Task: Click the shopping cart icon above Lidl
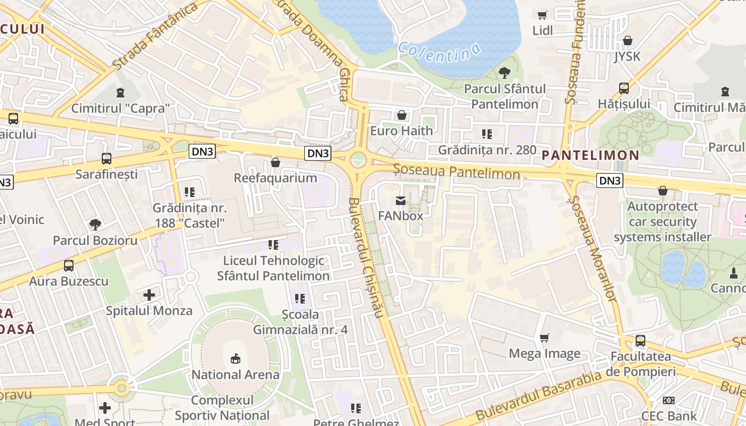point(542,15)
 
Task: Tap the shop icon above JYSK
point(628,40)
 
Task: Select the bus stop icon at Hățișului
point(623,88)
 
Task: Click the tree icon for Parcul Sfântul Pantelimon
point(504,73)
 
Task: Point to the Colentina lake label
point(439,52)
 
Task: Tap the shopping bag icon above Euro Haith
point(402,115)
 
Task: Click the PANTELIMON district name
point(590,155)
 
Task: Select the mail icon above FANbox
point(401,201)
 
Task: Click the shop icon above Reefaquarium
point(275,162)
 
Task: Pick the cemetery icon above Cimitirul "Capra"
point(120,93)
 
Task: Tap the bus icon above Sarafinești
point(107,159)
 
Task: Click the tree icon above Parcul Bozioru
point(95,225)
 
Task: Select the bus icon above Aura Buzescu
point(69,266)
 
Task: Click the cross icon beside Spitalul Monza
point(149,294)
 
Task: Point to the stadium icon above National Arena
point(235,359)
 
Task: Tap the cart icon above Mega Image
point(544,338)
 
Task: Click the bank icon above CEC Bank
point(668,400)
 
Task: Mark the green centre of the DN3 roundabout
point(359,159)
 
